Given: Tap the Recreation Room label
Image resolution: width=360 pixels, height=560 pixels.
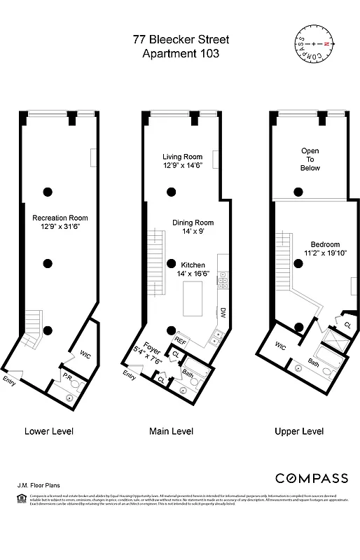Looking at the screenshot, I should click(60, 218).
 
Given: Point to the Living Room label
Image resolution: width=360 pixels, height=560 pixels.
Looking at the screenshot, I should click(183, 156).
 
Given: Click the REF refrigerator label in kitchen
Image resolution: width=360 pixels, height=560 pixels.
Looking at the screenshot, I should click(181, 341).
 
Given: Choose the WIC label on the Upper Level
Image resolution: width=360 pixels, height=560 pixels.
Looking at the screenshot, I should click(281, 346).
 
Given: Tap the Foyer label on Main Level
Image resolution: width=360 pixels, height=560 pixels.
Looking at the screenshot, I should click(152, 344).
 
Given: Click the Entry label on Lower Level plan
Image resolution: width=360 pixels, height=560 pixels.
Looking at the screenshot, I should click(10, 381).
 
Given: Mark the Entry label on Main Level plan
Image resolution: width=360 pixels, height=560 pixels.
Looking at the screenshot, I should click(129, 377).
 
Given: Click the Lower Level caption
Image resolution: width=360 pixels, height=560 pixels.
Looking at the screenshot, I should click(49, 430).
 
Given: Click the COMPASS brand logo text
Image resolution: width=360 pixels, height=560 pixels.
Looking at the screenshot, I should click(311, 478).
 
